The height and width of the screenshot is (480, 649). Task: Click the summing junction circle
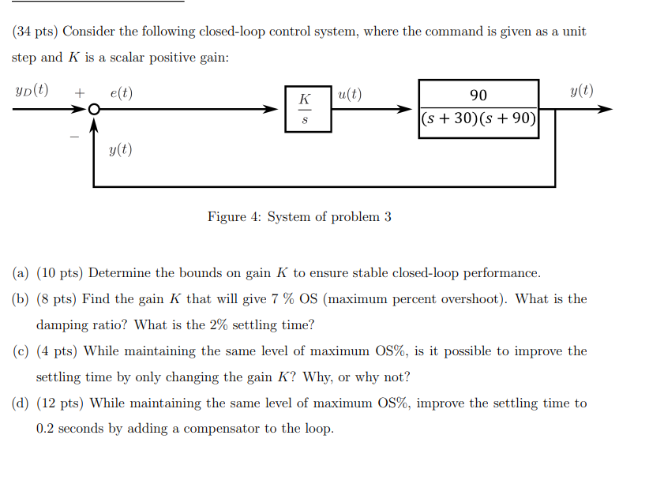coord(94,111)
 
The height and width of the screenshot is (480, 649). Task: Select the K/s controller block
coord(308,110)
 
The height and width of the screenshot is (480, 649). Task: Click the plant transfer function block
coord(478,109)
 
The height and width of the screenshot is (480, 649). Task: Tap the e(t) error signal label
coord(122,93)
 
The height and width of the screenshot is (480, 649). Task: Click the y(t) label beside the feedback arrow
coord(120,149)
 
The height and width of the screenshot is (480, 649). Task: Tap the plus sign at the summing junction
coord(79,93)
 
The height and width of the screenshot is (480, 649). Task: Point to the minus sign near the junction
coord(75,136)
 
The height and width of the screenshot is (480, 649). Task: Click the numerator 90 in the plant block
coord(478,96)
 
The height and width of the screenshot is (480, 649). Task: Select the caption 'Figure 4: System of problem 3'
coord(299,216)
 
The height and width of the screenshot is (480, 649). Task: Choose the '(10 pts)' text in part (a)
coord(60,273)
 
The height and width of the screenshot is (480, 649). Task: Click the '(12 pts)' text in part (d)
coord(61,403)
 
